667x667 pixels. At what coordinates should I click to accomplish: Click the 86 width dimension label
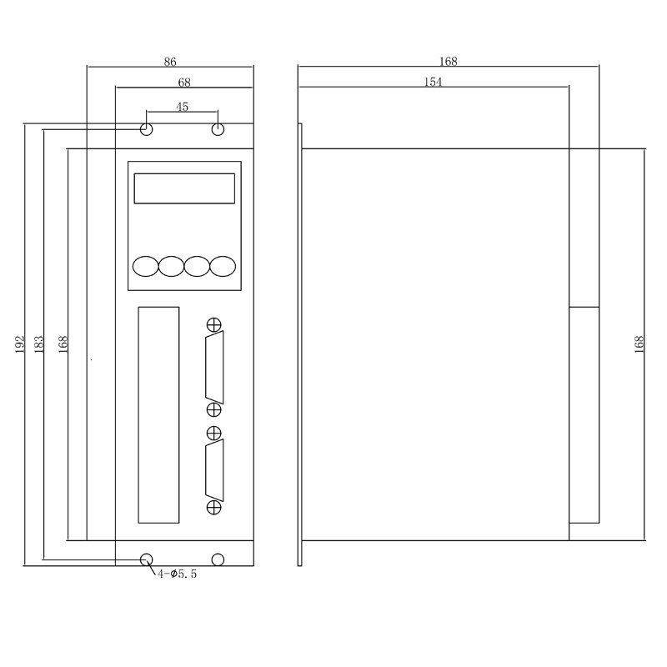pyautogui.click(x=170, y=62)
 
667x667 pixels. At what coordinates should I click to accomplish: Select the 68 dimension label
pyautogui.click(x=183, y=83)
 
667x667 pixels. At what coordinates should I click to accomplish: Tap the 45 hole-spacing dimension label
pyautogui.click(x=182, y=107)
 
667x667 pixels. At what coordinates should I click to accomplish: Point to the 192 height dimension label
pyautogui.click(x=20, y=344)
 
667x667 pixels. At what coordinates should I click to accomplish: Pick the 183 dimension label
pyautogui.click(x=38, y=344)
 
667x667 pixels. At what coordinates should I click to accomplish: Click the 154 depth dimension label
pyautogui.click(x=433, y=82)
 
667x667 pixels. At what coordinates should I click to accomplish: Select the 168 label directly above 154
pyautogui.click(x=449, y=62)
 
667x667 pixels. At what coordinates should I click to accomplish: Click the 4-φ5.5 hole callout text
pyautogui.click(x=177, y=574)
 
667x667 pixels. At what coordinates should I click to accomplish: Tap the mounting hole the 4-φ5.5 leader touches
pyautogui.click(x=147, y=559)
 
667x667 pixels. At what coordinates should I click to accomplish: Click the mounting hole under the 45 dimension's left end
pyautogui.click(x=147, y=129)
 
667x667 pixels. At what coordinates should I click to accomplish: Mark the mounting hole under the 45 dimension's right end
pyautogui.click(x=218, y=129)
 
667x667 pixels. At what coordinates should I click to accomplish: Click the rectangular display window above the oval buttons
pyautogui.click(x=184, y=188)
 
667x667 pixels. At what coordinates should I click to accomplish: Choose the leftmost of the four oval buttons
pyautogui.click(x=145, y=266)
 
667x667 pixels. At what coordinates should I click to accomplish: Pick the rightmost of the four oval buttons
pyautogui.click(x=223, y=266)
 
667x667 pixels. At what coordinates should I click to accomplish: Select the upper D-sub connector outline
pyautogui.click(x=214, y=367)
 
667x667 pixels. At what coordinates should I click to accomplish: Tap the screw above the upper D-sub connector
pyautogui.click(x=214, y=324)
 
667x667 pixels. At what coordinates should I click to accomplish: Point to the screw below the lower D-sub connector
pyautogui.click(x=214, y=508)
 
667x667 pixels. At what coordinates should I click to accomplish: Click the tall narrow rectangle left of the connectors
pyautogui.click(x=158, y=414)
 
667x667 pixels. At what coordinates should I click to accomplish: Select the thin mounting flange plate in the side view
pyautogui.click(x=300, y=344)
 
